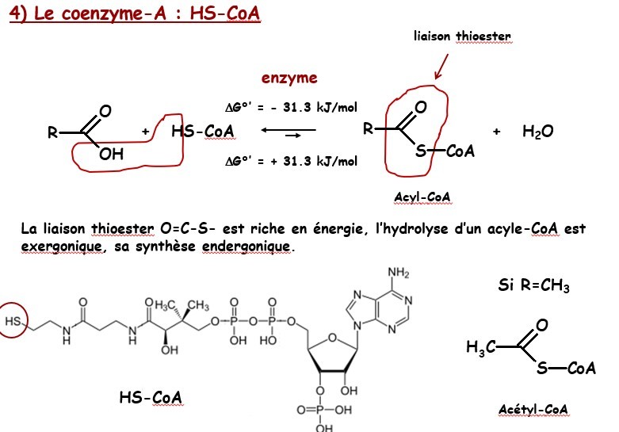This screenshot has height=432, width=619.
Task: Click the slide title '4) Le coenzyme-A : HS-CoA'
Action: pyautogui.click(x=135, y=15)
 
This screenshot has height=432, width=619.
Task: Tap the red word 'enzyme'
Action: pyautogui.click(x=289, y=78)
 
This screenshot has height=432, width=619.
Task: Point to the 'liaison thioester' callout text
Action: pyautogui.click(x=462, y=36)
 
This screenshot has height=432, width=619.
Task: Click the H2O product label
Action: pyautogui.click(x=537, y=132)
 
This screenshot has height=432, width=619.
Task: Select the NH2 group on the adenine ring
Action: pyautogui.click(x=397, y=274)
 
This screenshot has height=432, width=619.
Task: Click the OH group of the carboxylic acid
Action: pyautogui.click(x=112, y=155)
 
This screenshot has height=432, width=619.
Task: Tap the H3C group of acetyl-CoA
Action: pyautogui.click(x=481, y=346)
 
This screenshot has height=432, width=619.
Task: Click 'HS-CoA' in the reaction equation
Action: pyautogui.click(x=202, y=132)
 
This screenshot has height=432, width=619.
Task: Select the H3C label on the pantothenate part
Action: pyautogui.click(x=167, y=305)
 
